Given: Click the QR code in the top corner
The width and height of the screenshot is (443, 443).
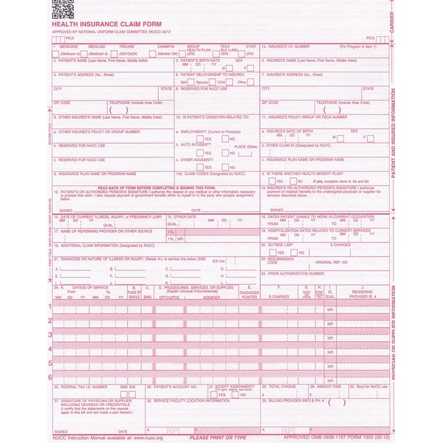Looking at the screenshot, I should tap(63, 10).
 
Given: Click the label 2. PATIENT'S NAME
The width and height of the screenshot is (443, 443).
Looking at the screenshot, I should tap(89, 61).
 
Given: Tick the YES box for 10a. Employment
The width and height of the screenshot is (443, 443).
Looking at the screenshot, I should tap(200, 139).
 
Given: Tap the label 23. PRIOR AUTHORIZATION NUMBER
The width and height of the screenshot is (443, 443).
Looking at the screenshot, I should tap(294, 273).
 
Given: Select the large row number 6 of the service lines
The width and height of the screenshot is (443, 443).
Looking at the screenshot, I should tap(50, 377).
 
